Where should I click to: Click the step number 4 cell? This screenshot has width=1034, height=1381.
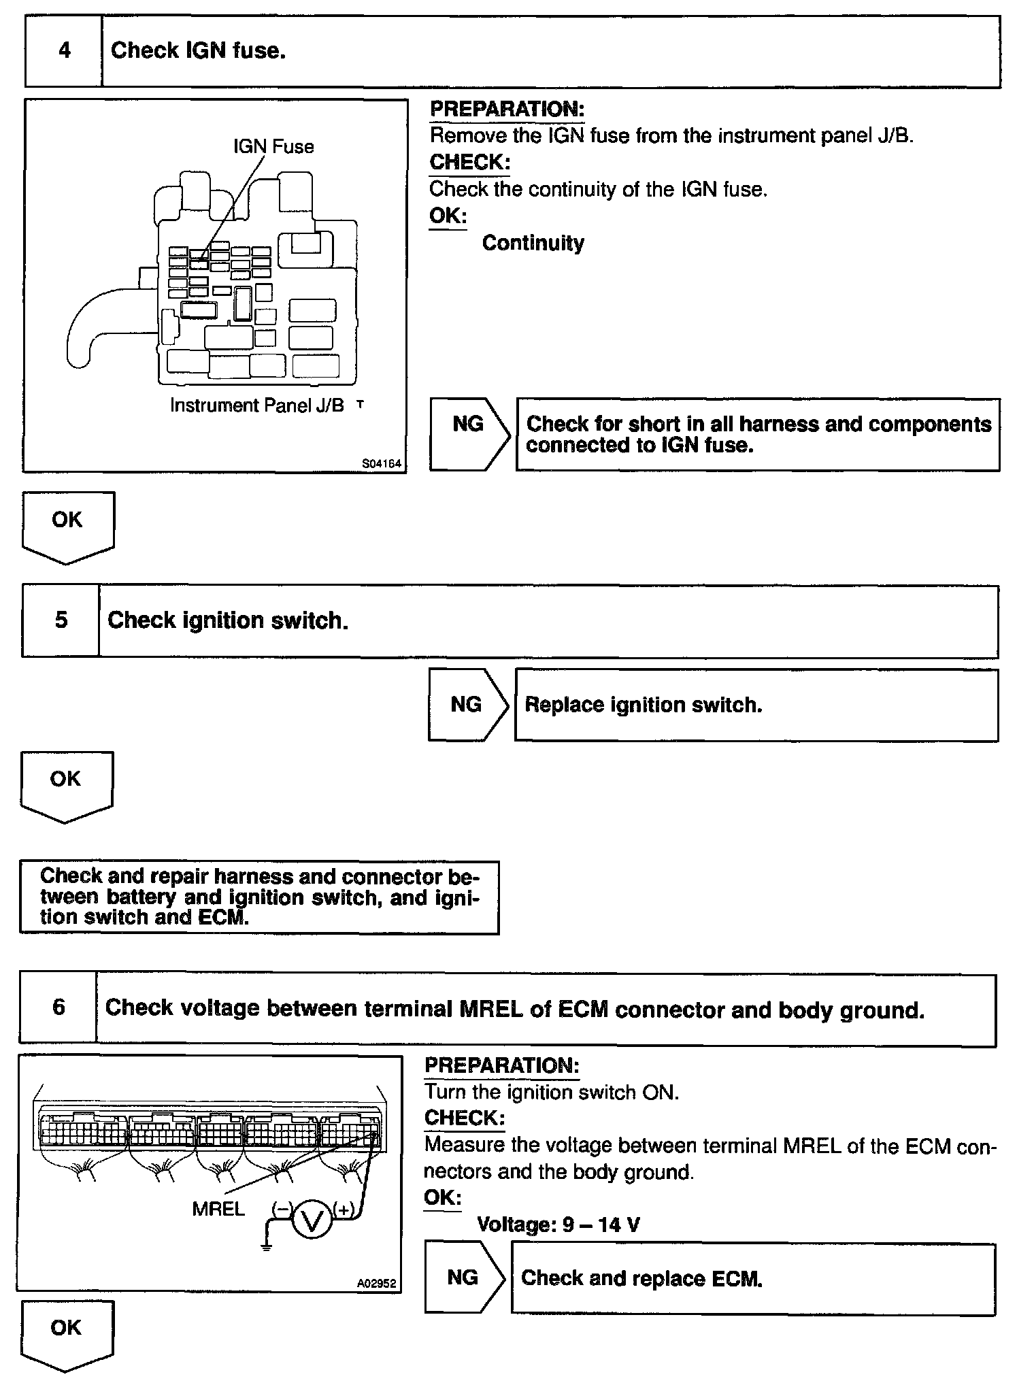[x=64, y=51]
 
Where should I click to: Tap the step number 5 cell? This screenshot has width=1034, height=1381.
[x=61, y=620]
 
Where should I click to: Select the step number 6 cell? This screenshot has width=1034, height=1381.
[x=59, y=1008]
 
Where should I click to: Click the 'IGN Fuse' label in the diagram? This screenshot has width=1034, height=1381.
[x=273, y=147]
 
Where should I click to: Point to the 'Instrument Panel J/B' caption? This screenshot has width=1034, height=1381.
[x=257, y=405]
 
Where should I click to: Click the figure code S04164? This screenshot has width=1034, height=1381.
[x=382, y=464]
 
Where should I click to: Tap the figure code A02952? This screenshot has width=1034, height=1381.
[x=376, y=1283]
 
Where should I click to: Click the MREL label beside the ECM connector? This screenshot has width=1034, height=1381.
[x=218, y=1209]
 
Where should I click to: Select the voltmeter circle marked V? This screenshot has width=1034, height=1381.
[x=312, y=1222]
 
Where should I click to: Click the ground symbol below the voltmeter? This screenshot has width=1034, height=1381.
[x=267, y=1247]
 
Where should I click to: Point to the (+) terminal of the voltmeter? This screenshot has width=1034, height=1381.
[x=344, y=1210]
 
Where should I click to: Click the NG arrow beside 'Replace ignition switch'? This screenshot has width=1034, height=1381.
[x=468, y=705]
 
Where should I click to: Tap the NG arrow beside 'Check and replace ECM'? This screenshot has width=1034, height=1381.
[x=465, y=1278]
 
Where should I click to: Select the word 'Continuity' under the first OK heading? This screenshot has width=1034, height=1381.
[x=533, y=243]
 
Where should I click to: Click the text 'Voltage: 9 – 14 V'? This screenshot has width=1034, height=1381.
[x=558, y=1225]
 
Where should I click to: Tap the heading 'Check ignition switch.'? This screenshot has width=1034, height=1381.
[x=228, y=620]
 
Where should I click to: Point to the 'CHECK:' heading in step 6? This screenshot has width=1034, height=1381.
[x=465, y=1118]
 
